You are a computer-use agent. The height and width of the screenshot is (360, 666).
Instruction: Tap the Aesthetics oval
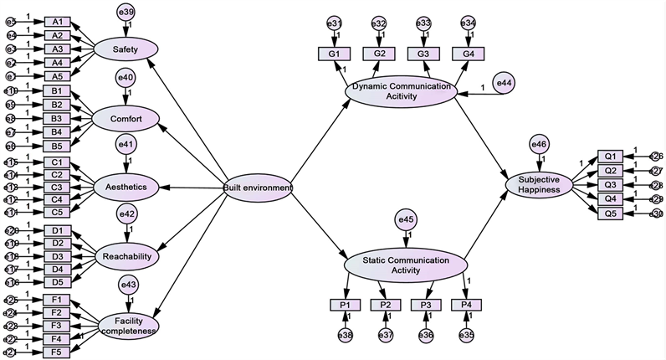[x=126, y=188]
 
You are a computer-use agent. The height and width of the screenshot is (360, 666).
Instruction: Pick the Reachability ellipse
[x=127, y=255]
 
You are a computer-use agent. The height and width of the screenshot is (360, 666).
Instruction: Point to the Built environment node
[x=258, y=188]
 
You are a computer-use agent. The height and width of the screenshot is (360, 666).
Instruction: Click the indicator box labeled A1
[x=57, y=22]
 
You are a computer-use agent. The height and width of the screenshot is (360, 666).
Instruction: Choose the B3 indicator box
[x=57, y=118]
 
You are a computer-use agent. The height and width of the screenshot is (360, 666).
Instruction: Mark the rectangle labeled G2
[x=378, y=54]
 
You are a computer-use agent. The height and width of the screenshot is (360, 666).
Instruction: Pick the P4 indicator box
[x=466, y=304]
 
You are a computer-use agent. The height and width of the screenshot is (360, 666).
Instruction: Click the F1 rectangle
[x=57, y=299]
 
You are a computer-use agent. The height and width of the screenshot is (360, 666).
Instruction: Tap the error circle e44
[x=505, y=83]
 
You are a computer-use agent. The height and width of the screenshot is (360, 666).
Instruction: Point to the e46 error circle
[x=539, y=146]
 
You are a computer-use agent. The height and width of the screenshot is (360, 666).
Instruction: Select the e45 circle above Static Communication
[x=406, y=221]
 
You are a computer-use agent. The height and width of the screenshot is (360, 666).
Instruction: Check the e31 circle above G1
[x=334, y=23]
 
